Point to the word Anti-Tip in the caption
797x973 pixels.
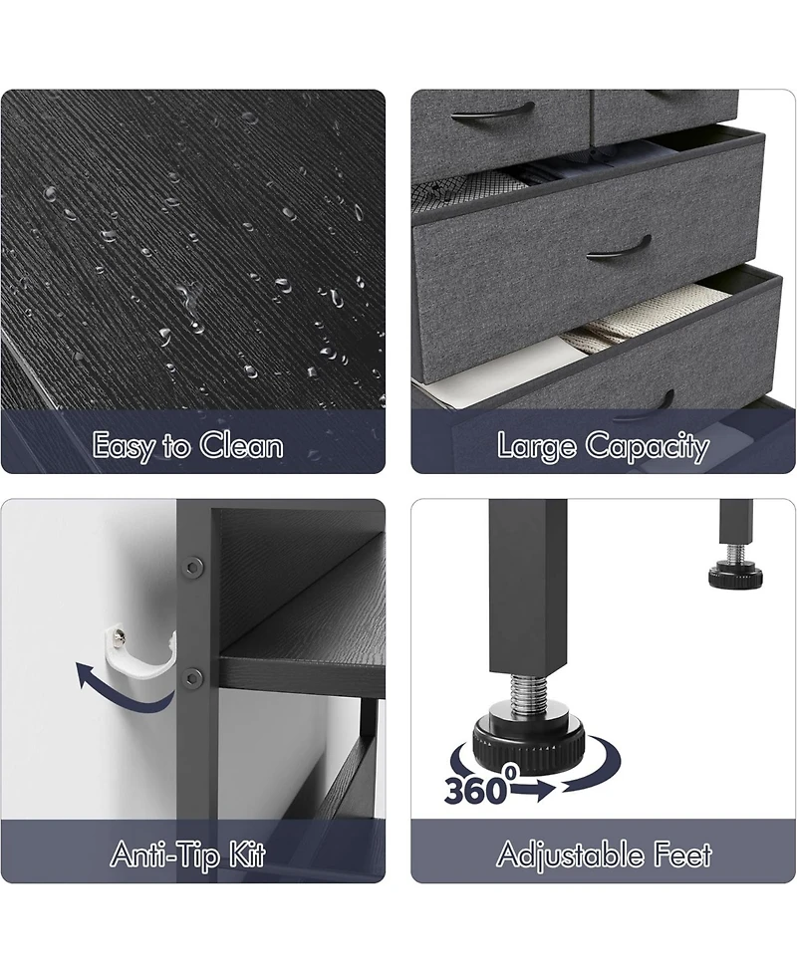164,855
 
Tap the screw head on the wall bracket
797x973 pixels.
121,634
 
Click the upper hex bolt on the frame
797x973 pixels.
192,566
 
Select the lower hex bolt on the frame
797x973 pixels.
192,677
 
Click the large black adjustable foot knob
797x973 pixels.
529,738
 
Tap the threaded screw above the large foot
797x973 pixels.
529,687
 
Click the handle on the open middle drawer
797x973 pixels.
619,247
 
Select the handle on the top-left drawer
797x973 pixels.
492,113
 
